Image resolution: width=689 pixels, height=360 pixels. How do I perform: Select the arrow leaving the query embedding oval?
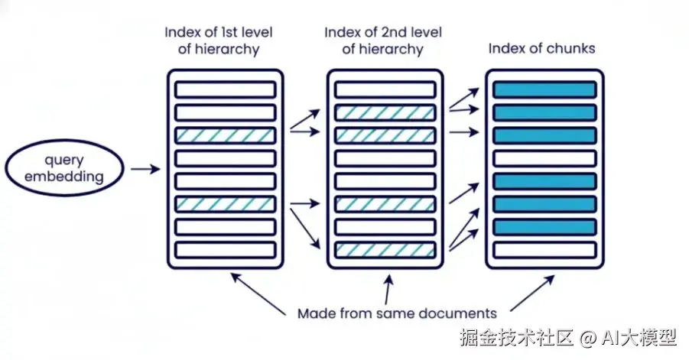[145, 168]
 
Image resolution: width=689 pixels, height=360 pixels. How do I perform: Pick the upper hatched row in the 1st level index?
[225, 135]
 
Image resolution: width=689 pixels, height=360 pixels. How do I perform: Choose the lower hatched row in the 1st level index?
[225, 204]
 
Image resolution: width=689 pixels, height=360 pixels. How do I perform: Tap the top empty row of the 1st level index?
[225, 89]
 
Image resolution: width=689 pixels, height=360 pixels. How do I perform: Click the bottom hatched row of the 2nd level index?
[385, 250]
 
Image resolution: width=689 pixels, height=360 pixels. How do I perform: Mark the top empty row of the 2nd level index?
[385, 89]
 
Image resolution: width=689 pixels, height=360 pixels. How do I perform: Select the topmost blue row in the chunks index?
[544, 89]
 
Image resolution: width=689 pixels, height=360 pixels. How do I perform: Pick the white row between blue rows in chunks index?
[544, 158]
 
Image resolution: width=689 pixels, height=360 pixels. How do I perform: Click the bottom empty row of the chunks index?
[544, 250]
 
